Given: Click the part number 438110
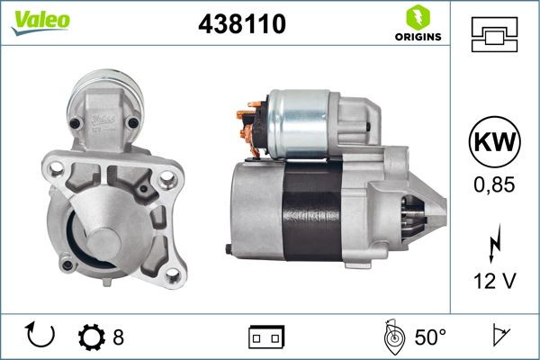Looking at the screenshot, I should click(241, 26).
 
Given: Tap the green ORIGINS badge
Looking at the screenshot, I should click(417, 24).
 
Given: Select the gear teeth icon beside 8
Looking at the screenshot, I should click(93, 337).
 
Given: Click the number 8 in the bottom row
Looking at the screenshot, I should click(119, 337).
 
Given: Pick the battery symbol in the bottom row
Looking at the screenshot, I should click(265, 337).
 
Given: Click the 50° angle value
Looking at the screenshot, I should click(430, 337).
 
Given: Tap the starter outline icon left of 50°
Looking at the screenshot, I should click(391, 337).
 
